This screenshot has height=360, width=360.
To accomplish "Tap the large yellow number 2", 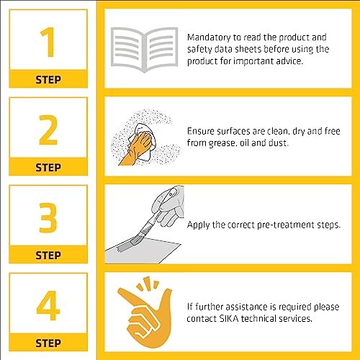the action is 48,130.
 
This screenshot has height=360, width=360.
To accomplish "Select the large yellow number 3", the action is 48,217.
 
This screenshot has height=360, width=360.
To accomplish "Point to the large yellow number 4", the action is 48,305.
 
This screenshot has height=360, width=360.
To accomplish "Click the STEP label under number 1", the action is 48,80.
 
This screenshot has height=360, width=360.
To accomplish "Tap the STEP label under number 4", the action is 48,343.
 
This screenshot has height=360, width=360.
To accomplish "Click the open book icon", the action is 144,50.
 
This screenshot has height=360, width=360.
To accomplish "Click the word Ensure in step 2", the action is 201,131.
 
